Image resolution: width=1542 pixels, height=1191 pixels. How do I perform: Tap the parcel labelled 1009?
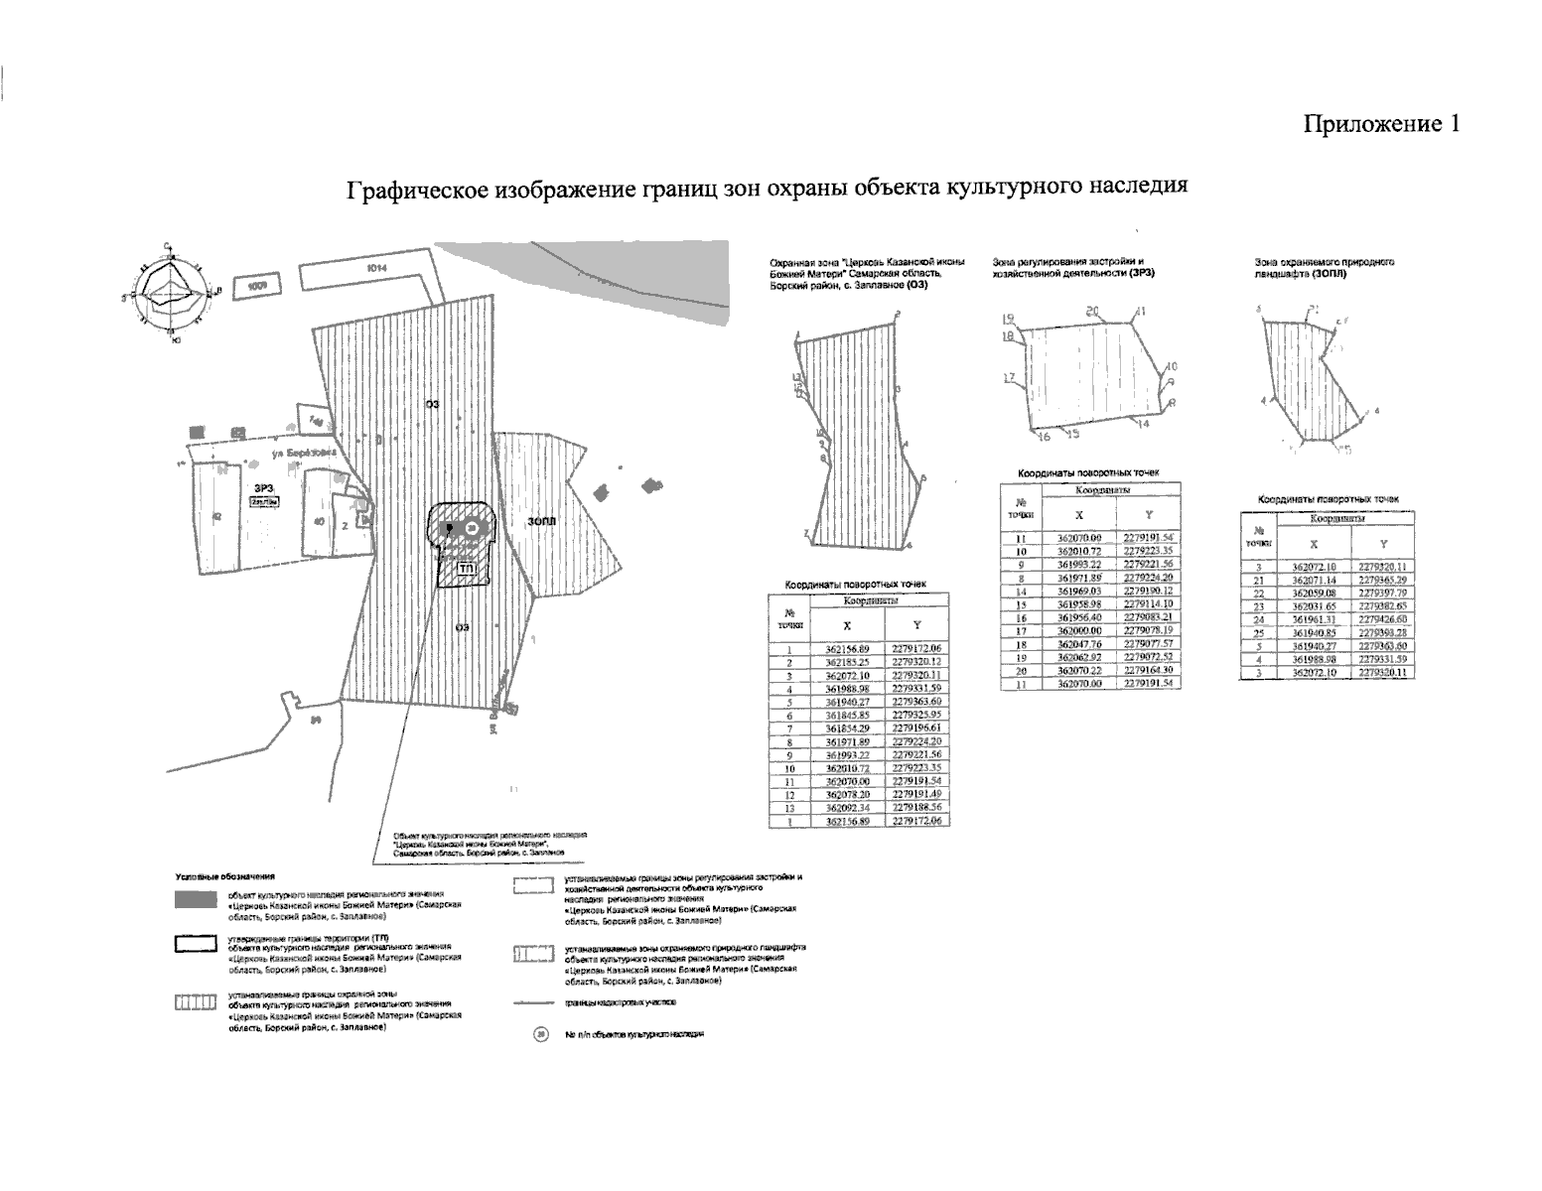tap(257, 287)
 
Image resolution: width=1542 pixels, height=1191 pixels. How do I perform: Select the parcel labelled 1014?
tap(374, 267)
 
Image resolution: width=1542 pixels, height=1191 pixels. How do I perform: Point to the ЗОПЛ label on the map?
tap(541, 521)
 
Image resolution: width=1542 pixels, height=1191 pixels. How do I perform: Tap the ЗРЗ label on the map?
tap(262, 487)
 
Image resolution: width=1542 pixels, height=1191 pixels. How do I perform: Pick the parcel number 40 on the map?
tap(318, 521)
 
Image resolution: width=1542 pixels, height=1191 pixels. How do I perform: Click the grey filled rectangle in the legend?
tap(195, 900)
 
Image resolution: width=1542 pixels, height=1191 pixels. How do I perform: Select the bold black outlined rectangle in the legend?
tap(195, 945)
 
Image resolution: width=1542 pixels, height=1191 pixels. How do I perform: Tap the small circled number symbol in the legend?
tap(541, 1034)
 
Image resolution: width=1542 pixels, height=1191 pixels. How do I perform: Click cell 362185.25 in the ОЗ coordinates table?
tap(846, 662)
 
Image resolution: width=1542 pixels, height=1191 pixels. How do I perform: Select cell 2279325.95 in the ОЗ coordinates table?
tap(915, 715)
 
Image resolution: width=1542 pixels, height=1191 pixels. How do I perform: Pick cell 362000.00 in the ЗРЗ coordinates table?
tap(1079, 630)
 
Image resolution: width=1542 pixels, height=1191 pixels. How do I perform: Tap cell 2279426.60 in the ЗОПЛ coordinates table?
tap(1382, 619)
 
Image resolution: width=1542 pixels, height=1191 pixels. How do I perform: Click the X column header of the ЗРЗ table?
tap(1079, 515)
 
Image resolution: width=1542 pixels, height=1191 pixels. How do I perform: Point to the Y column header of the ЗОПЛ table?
tap(1382, 543)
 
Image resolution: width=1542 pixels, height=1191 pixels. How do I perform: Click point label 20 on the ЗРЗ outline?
tap(1092, 312)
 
